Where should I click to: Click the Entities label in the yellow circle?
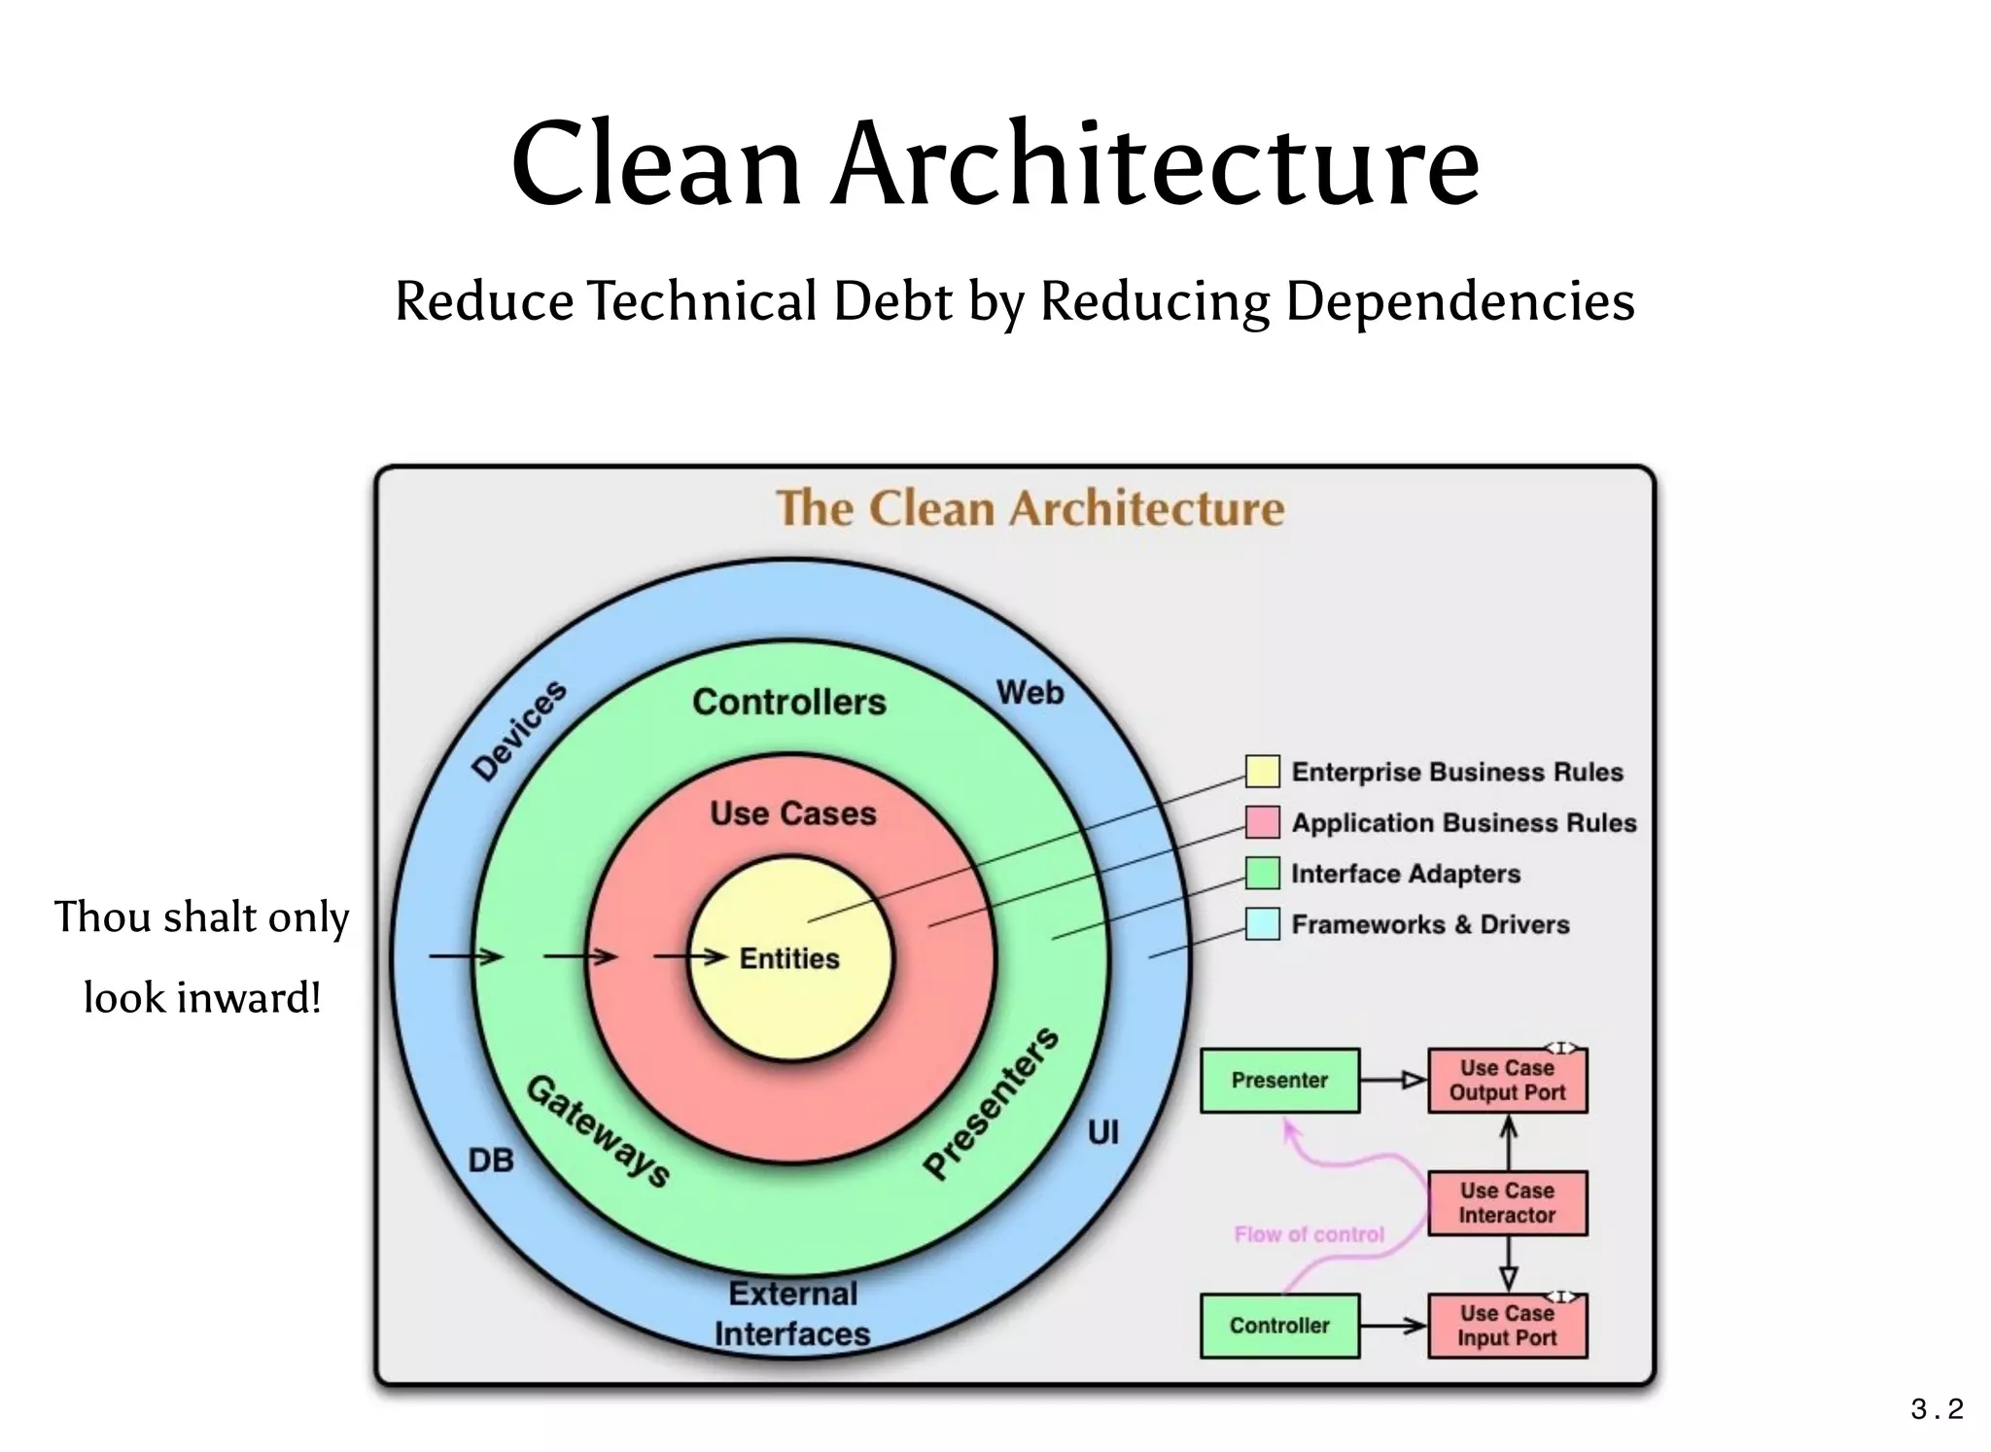pos(788,958)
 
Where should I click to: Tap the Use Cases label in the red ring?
pos(792,813)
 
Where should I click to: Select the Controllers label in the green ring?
pos(788,702)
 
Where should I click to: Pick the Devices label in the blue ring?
pos(519,730)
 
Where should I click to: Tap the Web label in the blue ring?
pos(1030,693)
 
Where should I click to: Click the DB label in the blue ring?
pos(491,1160)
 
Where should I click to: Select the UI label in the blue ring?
pos(1102,1132)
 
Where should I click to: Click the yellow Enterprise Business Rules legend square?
pos(1262,772)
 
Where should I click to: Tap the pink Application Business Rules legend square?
pos(1262,822)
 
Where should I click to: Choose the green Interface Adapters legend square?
pos(1262,873)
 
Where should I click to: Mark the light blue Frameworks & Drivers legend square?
pos(1262,923)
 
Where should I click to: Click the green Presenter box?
pos(1279,1081)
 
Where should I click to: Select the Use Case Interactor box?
pos(1507,1203)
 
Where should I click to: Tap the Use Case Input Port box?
pos(1507,1326)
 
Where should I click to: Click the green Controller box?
pos(1279,1326)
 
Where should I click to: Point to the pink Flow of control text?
pos(1309,1234)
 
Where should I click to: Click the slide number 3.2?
pos(1937,1408)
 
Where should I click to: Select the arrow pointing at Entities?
pos(690,957)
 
